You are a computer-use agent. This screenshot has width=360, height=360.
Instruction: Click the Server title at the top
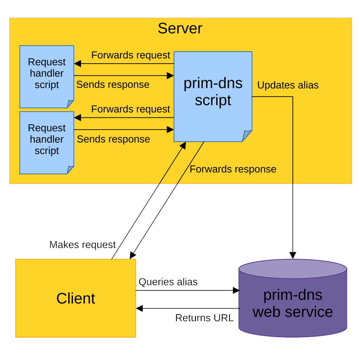(x=180, y=28)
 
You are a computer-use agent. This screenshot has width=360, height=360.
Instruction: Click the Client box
(x=76, y=298)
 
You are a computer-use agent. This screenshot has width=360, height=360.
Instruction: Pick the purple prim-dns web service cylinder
(x=292, y=302)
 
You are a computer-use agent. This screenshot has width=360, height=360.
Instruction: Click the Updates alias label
(x=288, y=85)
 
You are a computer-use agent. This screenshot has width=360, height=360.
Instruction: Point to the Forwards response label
(x=233, y=169)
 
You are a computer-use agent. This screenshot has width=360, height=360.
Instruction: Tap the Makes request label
(x=82, y=245)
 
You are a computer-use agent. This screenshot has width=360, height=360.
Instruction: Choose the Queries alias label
(x=168, y=282)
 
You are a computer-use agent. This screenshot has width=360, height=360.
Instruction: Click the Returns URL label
(x=204, y=318)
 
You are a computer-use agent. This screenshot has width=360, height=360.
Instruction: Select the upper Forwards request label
(x=130, y=55)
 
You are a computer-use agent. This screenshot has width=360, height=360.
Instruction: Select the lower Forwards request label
(x=130, y=109)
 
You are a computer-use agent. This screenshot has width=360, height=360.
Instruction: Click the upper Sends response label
(x=112, y=85)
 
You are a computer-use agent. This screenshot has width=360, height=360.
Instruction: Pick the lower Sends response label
(x=113, y=139)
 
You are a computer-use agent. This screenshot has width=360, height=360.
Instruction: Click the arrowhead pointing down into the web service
(x=292, y=256)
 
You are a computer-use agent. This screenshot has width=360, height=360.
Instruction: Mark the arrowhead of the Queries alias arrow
(x=236, y=290)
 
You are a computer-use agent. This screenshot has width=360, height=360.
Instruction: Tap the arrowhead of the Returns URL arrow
(x=140, y=308)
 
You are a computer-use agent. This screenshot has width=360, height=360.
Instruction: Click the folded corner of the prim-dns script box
(x=247, y=136)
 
